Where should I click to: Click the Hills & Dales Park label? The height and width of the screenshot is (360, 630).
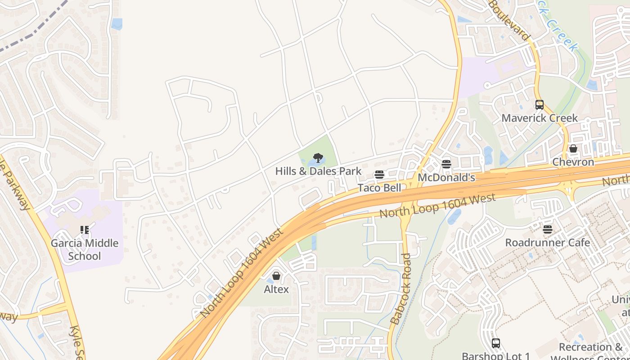[318, 171]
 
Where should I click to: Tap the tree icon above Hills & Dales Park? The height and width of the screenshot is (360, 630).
[318, 157]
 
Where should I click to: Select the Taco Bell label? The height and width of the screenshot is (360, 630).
[379, 187]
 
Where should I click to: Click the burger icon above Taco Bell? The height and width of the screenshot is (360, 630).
[379, 175]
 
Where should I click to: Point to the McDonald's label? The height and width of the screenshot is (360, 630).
[446, 177]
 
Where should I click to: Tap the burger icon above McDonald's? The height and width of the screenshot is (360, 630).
[446, 164]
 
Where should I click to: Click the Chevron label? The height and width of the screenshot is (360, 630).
[573, 162]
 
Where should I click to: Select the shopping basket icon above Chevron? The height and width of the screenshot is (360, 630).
[573, 148]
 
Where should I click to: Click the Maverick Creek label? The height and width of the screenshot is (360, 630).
[539, 118]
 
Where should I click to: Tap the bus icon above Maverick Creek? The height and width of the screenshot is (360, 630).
[539, 105]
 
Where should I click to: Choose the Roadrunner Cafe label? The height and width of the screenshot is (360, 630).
[547, 243]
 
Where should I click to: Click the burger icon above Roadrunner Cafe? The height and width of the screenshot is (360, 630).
[547, 229]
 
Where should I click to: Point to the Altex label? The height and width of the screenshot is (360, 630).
[276, 289]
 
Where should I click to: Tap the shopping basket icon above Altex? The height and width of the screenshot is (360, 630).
[276, 276]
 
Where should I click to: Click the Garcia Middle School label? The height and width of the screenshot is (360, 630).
[85, 249]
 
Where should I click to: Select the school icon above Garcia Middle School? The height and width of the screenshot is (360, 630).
[85, 230]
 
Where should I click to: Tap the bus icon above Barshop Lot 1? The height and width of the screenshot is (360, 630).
[495, 343]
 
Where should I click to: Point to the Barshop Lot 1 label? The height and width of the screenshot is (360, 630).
[495, 356]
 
